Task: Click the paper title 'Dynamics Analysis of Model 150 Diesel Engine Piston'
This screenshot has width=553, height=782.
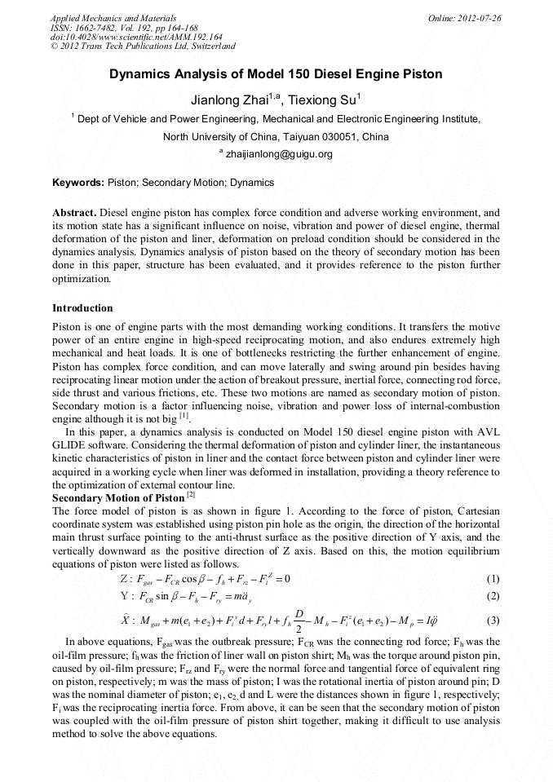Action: click(276, 74)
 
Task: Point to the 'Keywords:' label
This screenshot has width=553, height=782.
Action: click(77, 183)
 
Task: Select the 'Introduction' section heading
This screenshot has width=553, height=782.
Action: click(82, 308)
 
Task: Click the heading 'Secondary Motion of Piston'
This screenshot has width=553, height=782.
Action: click(118, 497)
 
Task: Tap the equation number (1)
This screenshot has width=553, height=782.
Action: click(492, 579)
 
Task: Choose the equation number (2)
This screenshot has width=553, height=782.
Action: click(492, 595)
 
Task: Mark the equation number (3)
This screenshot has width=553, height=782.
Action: click(492, 621)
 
